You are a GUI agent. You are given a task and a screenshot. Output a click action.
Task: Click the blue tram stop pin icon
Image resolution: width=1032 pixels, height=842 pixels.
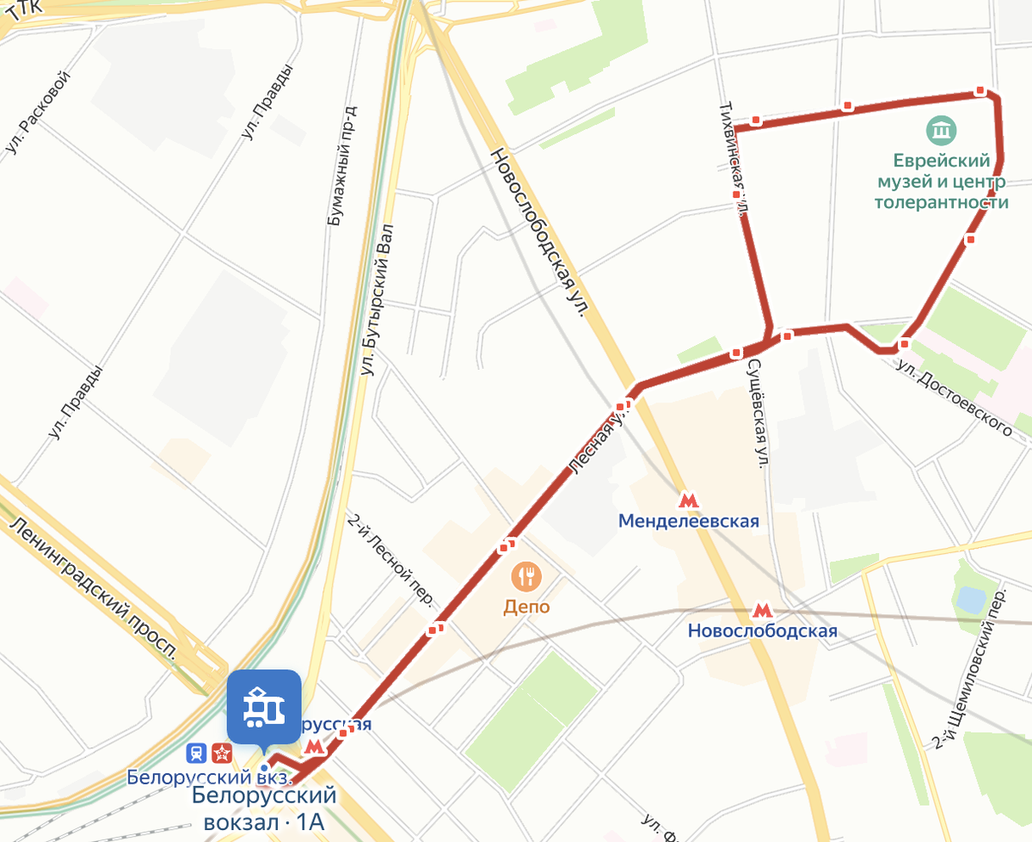tap(264, 706)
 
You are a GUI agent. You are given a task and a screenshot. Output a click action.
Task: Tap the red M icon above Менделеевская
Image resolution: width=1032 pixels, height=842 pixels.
tap(687, 500)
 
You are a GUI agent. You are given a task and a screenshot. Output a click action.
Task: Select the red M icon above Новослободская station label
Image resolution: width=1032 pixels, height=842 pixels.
tap(761, 610)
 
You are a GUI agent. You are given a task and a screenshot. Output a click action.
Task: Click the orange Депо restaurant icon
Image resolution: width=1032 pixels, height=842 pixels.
tap(526, 575)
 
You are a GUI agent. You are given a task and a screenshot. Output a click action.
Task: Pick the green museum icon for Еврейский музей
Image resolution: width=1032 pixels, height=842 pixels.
tap(941, 132)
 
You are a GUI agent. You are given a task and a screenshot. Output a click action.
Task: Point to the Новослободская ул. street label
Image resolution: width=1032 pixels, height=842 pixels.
tap(537, 232)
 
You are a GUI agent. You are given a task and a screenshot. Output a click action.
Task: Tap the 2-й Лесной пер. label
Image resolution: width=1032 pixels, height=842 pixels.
tap(390, 560)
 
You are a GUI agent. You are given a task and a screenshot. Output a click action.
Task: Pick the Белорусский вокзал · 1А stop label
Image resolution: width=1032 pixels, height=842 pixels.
tap(264, 808)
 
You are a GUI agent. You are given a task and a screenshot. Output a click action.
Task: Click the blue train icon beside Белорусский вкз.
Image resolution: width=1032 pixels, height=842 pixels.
tap(197, 753)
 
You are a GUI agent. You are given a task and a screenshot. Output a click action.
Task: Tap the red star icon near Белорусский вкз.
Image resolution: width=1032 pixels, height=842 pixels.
tap(222, 753)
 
